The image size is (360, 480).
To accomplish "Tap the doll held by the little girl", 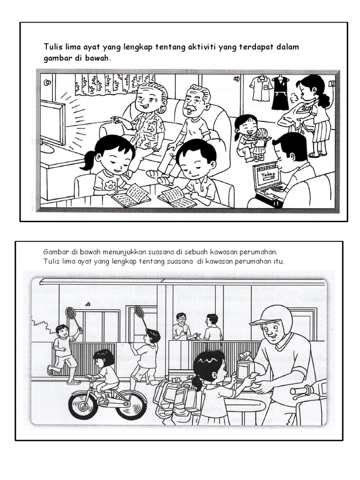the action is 262,144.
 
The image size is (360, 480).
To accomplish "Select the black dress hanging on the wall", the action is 280,93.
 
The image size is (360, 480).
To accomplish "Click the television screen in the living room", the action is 52,122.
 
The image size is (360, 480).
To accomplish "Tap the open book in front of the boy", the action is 178,197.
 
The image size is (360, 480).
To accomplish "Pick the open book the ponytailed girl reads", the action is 132,195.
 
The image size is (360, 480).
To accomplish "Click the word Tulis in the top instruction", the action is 52,47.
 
